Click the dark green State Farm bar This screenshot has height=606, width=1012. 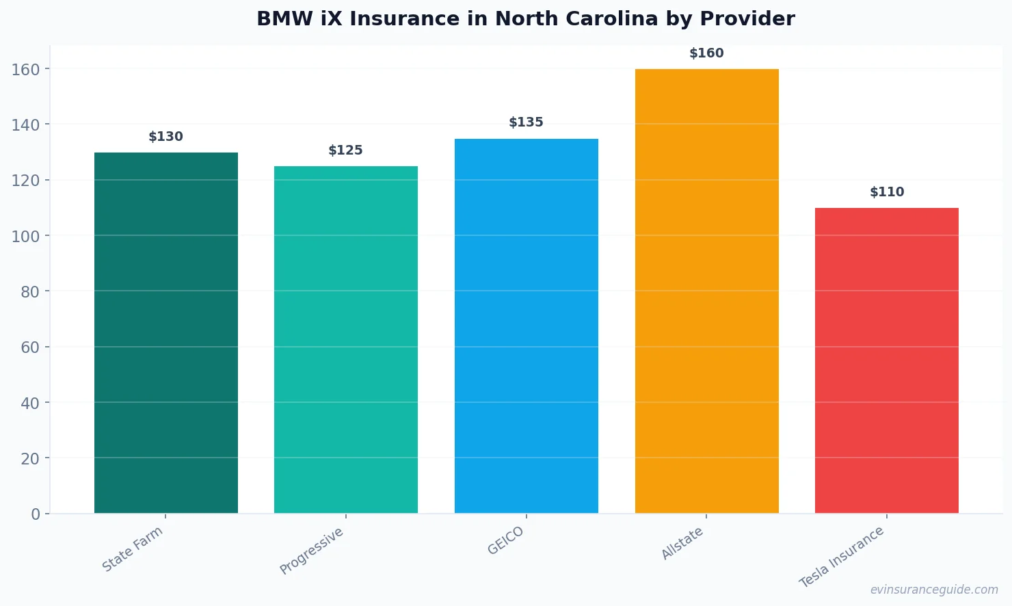[166, 332]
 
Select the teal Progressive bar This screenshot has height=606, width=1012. [346, 339]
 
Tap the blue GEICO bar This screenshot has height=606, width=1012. [527, 326]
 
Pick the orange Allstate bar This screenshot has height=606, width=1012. [706, 291]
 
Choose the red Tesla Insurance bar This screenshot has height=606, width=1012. [887, 360]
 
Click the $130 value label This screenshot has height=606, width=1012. [166, 137]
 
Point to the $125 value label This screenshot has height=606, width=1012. [346, 150]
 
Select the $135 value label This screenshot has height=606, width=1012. [527, 122]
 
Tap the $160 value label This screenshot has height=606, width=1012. [706, 53]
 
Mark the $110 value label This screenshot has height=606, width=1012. [887, 192]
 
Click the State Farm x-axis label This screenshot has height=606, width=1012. [133, 549]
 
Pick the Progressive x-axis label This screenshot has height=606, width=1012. [312, 551]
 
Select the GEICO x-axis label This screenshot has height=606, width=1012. [506, 540]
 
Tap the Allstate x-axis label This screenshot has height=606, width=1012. [682, 544]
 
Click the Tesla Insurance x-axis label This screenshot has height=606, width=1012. [842, 557]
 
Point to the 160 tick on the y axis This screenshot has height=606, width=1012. [25, 69]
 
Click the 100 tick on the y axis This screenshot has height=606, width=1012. [25, 236]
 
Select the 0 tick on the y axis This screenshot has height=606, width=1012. [36, 514]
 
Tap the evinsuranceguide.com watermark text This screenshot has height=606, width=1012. [934, 590]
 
